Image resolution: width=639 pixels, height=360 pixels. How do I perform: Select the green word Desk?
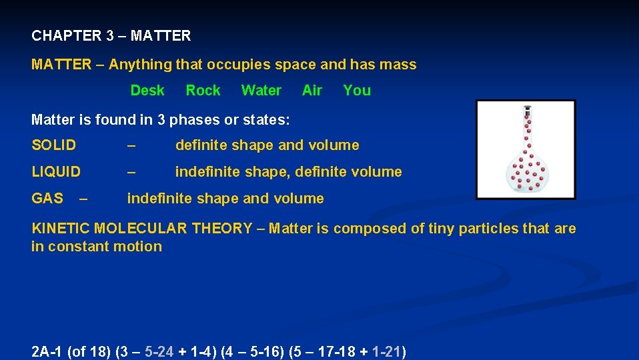[x=147, y=91]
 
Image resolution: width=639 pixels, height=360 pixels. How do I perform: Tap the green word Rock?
[x=203, y=91]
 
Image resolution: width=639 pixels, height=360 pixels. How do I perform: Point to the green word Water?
[x=261, y=91]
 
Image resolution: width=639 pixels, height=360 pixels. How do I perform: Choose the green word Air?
[x=312, y=91]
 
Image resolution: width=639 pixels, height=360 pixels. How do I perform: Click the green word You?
[x=357, y=91]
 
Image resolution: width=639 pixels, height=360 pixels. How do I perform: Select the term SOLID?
[x=54, y=145]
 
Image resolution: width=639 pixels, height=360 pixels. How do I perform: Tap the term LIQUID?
[x=56, y=172]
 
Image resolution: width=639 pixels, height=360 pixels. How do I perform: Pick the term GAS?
[x=47, y=199]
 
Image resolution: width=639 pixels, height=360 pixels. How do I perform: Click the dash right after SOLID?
[x=131, y=145]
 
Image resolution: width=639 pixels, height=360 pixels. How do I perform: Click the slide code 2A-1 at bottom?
[x=47, y=352]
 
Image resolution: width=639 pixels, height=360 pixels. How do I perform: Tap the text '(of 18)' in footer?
[x=89, y=352]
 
